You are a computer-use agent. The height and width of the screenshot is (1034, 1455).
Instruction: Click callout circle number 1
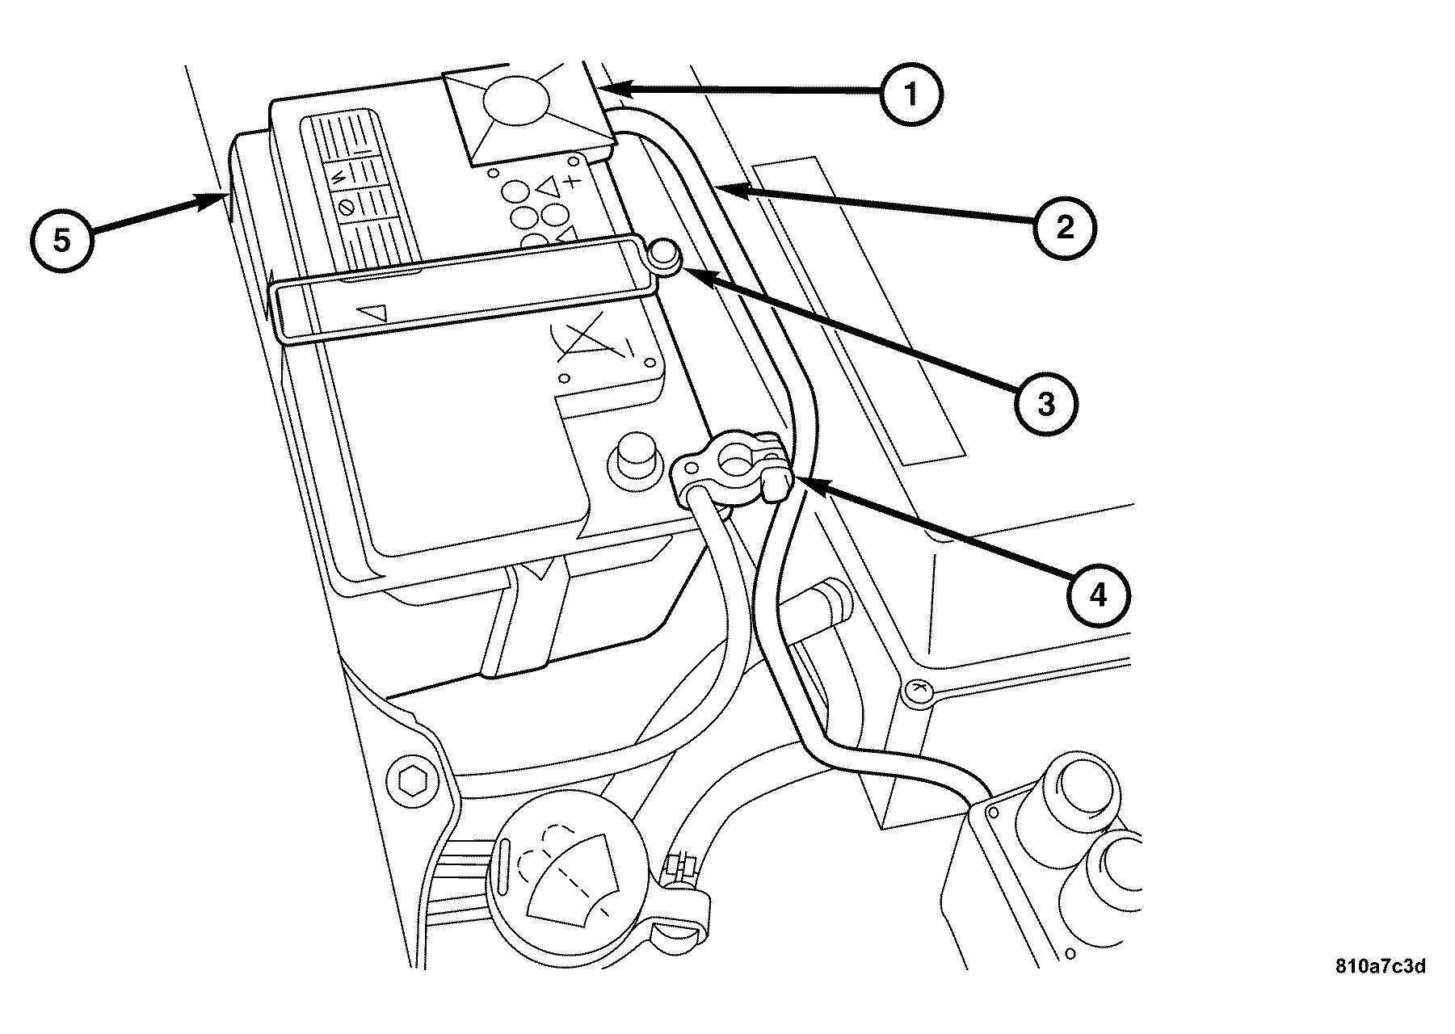click(x=911, y=95)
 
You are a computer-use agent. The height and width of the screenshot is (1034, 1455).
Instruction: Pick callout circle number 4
click(x=1098, y=595)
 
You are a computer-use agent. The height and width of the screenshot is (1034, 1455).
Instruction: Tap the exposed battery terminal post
click(x=633, y=458)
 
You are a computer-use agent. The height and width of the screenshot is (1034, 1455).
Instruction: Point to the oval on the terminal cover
click(x=515, y=101)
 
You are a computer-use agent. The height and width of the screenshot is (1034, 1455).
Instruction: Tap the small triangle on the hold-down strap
click(x=374, y=313)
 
